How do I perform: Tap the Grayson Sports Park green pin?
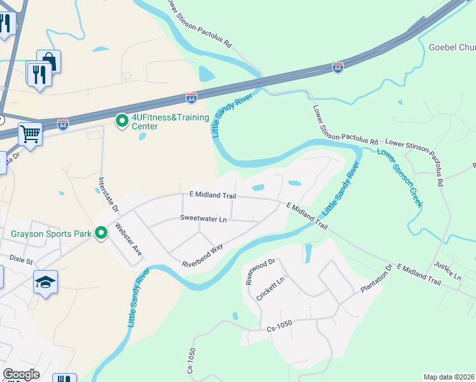click(x=101, y=234)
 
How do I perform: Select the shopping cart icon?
click(x=29, y=134)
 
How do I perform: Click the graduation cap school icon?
click(x=45, y=281)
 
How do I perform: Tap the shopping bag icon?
click(x=50, y=61)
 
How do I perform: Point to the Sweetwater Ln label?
click(x=203, y=218)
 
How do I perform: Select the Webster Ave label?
click(x=129, y=239)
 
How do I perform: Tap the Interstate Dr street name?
click(x=107, y=194)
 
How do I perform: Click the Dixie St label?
click(x=20, y=258)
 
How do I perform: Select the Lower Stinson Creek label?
click(x=400, y=178)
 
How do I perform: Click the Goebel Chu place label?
click(x=452, y=47)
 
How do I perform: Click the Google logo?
click(x=21, y=374)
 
